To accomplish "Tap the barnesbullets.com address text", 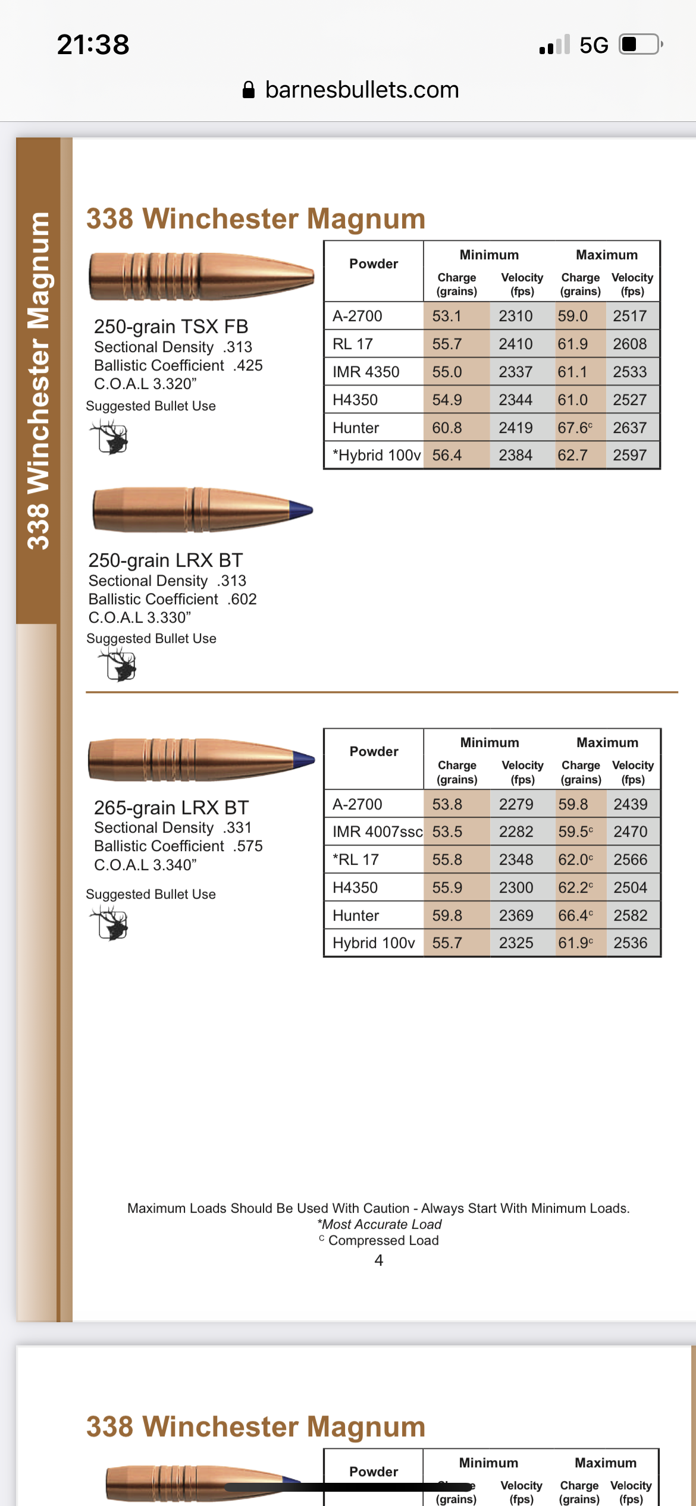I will pos(362,90).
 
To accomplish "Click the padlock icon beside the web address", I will pos(249,90).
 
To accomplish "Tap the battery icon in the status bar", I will pos(640,45).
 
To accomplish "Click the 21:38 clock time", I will pos(93,45).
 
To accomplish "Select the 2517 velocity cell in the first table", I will pos(629,316).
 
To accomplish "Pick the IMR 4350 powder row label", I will pos(366,372).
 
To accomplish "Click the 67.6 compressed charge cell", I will pos(575,428).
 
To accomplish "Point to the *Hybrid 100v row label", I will pos(377,456).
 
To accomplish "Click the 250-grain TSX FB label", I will pos(171,327).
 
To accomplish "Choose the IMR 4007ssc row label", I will pos(377,832).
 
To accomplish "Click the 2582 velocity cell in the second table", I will pos(630,915).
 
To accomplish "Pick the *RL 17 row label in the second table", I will pos(356,859).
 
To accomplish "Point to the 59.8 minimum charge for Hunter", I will pos(447,915).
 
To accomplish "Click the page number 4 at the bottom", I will pos(379,1260).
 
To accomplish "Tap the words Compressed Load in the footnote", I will pos(384,1240).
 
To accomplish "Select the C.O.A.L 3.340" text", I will pos(145,865).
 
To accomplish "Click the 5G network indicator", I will pos(594,45).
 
